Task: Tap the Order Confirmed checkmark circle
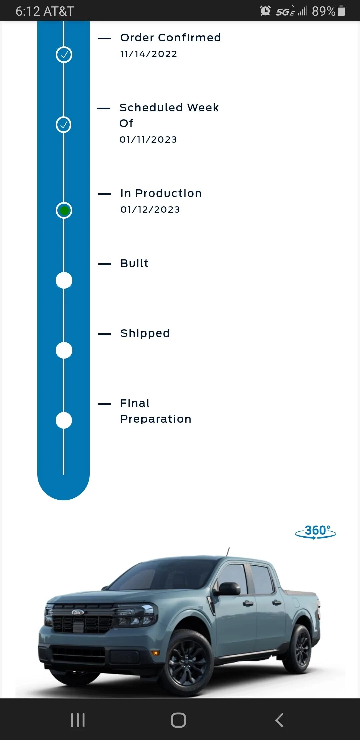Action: (x=64, y=55)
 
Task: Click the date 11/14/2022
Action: (x=149, y=54)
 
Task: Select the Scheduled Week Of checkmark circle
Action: (x=63, y=125)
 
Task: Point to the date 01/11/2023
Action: (x=148, y=140)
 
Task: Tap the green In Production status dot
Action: (x=64, y=210)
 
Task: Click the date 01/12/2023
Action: (x=150, y=210)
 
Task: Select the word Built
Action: (x=135, y=263)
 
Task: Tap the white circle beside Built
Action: (x=64, y=280)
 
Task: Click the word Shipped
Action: (x=145, y=333)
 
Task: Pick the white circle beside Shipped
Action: (x=64, y=350)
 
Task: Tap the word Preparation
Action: (x=156, y=419)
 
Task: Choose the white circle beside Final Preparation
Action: (x=64, y=420)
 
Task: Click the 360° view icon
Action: (x=316, y=532)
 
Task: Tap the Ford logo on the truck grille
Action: (x=78, y=612)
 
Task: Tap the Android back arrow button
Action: (x=279, y=720)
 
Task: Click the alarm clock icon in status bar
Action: (x=265, y=11)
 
